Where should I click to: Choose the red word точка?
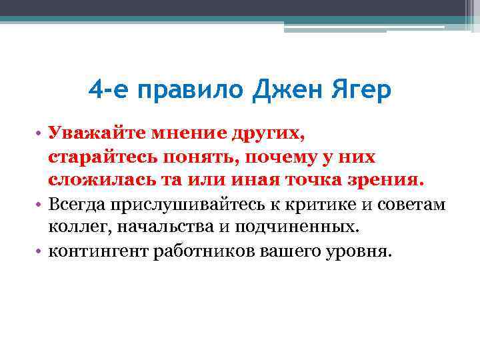click(x=314, y=180)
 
